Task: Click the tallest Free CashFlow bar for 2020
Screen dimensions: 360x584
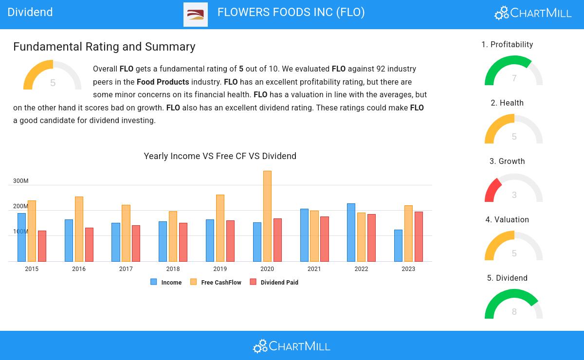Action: [x=267, y=216]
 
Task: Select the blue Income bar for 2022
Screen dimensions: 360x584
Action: [x=351, y=233]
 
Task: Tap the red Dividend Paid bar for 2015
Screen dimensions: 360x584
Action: [x=42, y=246]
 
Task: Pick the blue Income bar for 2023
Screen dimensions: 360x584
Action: [x=398, y=246]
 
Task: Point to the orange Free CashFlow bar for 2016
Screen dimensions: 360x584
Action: [x=79, y=229]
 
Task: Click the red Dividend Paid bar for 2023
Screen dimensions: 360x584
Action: [x=419, y=236]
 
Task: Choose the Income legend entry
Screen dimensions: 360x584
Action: [x=166, y=282]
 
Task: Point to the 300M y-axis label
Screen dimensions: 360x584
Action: [x=21, y=181]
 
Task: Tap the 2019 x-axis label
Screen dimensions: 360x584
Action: [x=220, y=269]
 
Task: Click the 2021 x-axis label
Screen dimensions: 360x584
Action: [x=314, y=269]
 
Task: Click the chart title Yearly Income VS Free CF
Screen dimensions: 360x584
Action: [x=220, y=156]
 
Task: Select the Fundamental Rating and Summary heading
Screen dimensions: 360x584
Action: [x=104, y=47]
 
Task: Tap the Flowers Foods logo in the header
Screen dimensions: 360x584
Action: [x=196, y=15]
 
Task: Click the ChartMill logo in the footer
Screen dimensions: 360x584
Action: [x=292, y=346]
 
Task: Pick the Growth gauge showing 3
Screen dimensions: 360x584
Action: [x=513, y=189]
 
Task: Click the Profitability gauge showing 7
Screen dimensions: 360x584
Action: [x=513, y=72]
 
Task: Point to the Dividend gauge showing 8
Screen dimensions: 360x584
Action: [x=513, y=306]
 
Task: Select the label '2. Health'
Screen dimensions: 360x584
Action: [x=507, y=103]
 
